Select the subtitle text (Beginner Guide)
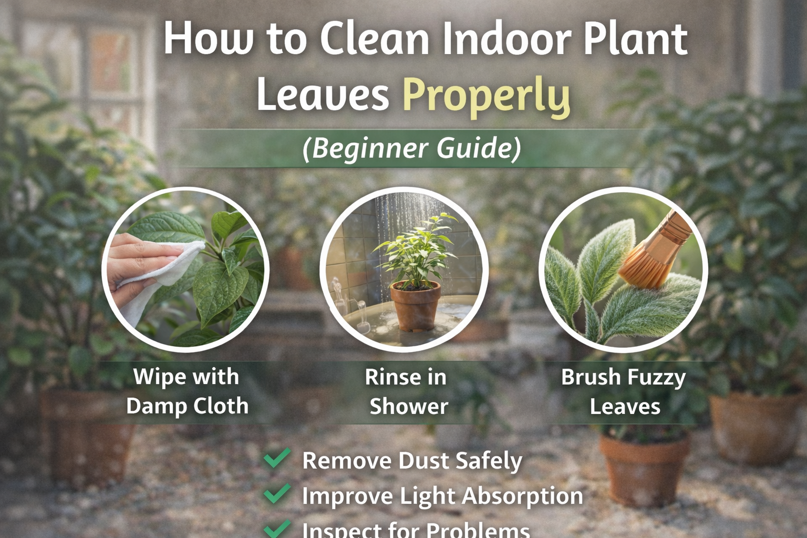pos(411,148)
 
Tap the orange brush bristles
pos(644,266)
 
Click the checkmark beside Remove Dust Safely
pos(277,458)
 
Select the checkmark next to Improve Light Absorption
pos(277,493)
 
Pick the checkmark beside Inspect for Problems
pos(277,527)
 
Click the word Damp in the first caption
pos(156,406)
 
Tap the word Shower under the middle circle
pos(409,407)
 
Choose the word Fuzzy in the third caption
pos(656,378)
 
